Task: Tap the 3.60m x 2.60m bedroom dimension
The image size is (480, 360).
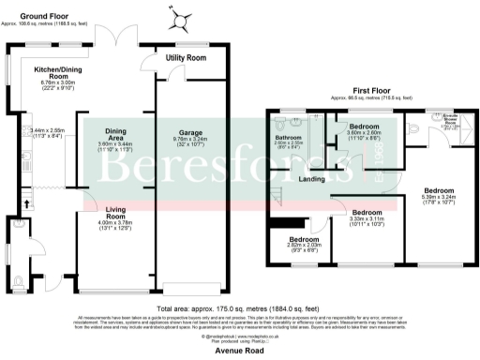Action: [x=363, y=134]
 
